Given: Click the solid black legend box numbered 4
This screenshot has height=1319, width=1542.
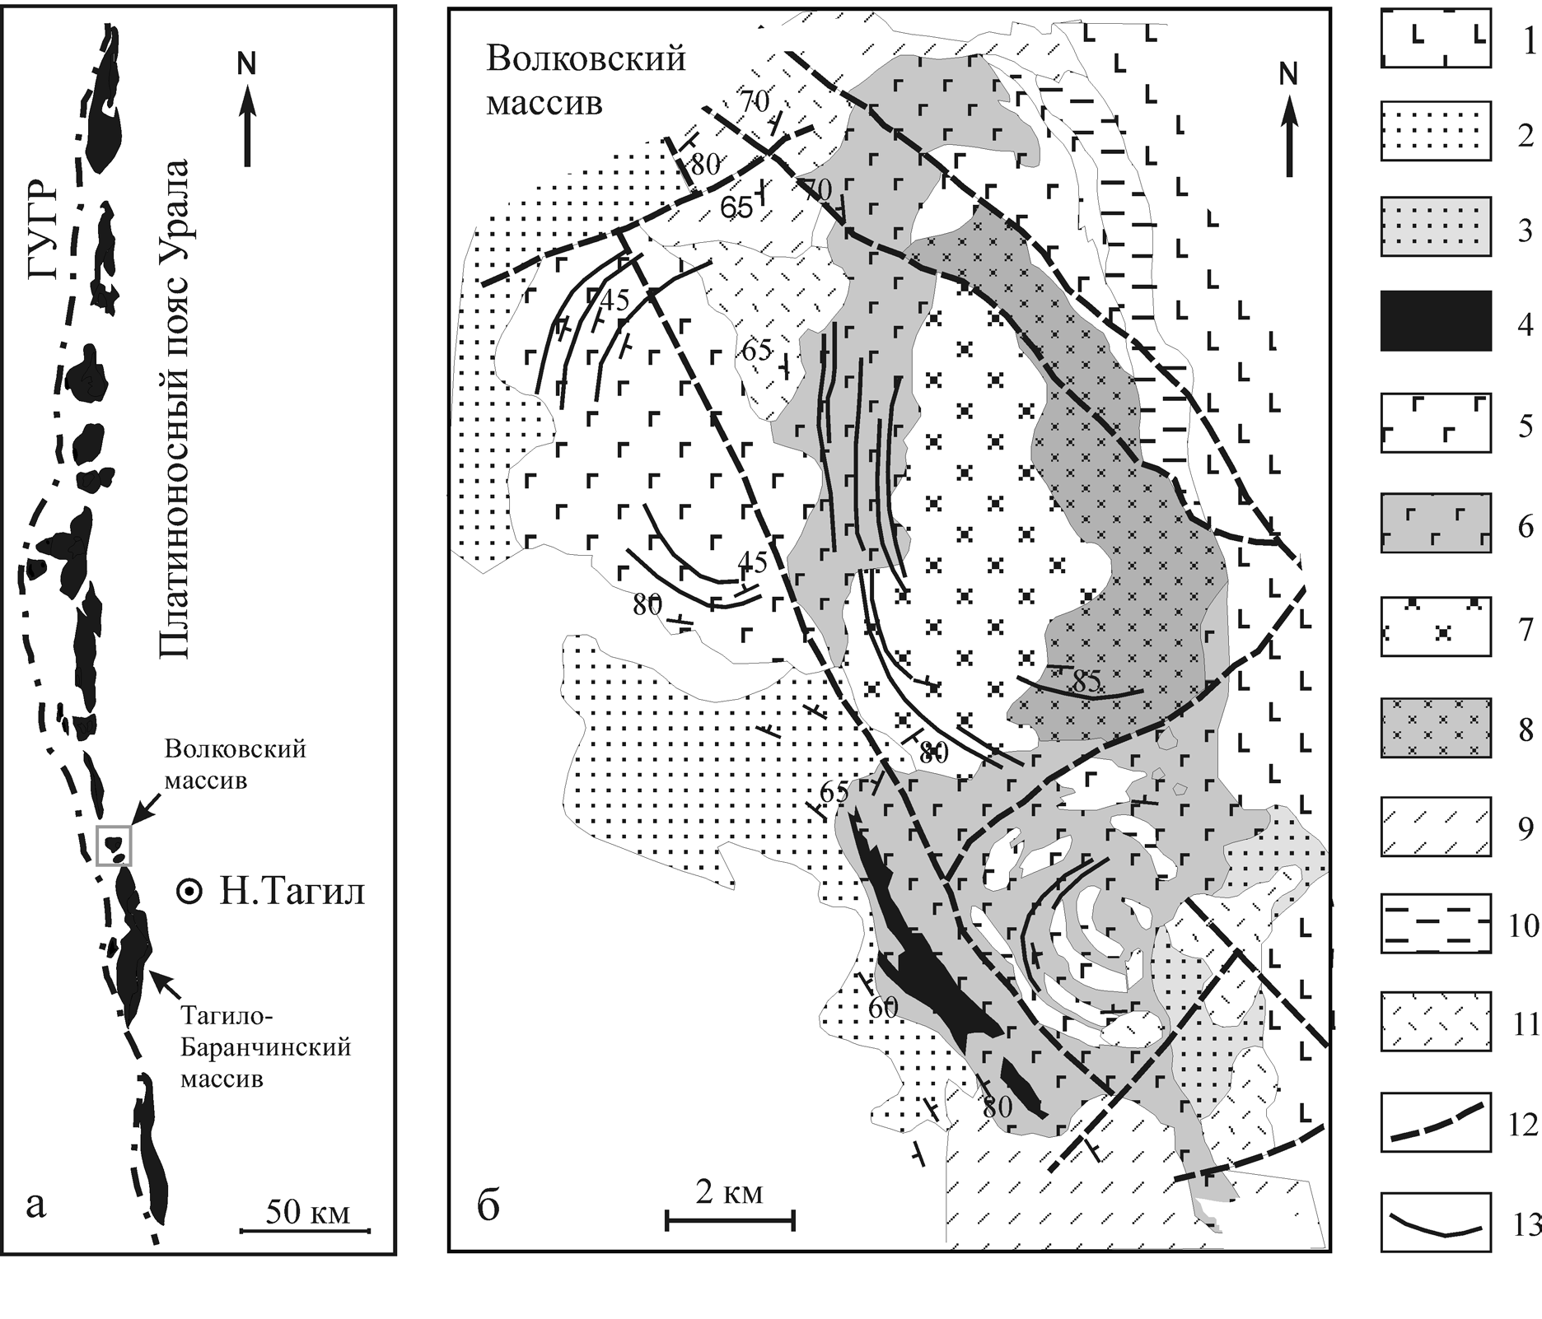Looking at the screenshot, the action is pos(1436,321).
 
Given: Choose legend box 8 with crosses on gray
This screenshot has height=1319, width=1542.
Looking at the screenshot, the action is pos(1436,728).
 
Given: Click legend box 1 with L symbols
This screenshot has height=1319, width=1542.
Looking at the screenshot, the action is pos(1436,38).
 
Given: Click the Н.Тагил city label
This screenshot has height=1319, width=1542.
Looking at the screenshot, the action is pos(292,892).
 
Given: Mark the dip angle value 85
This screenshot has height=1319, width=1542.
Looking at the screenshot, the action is pos(1087,681).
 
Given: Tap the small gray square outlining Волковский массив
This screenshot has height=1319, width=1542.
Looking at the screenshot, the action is pos(114,845).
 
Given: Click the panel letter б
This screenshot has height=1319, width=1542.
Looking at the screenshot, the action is pos(488,1208).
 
